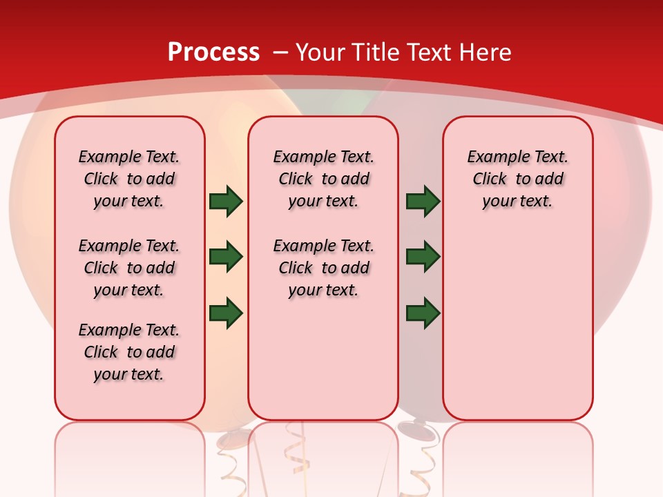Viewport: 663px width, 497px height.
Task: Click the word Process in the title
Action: coord(213,52)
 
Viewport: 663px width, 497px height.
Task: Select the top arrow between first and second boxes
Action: coord(226,201)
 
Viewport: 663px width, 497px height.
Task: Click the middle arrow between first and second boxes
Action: coord(226,257)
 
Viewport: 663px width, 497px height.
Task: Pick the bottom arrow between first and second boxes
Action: coord(226,313)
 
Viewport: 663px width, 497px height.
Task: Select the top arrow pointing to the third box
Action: coord(423,201)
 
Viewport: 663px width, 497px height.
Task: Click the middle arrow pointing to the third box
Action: coord(423,257)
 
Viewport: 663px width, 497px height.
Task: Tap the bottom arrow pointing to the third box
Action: coord(423,313)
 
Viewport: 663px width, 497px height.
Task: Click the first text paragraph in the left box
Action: coord(129,179)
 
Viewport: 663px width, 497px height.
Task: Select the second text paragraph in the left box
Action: coord(129,268)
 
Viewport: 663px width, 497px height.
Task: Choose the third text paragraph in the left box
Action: coord(129,352)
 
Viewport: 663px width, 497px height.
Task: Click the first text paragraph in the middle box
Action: coord(323,179)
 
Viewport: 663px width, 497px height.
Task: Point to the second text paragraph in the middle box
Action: coord(323,268)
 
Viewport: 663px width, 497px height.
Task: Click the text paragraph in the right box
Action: coord(517,179)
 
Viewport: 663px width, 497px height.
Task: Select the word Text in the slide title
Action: coord(429,52)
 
